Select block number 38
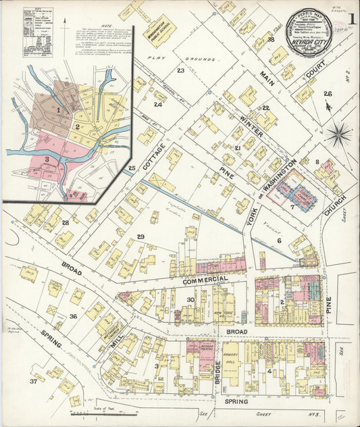(271, 40)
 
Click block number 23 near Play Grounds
(180, 71)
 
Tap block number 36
(73, 316)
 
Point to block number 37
(33, 382)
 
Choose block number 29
(140, 236)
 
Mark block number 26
(328, 94)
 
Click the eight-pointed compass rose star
(338, 133)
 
